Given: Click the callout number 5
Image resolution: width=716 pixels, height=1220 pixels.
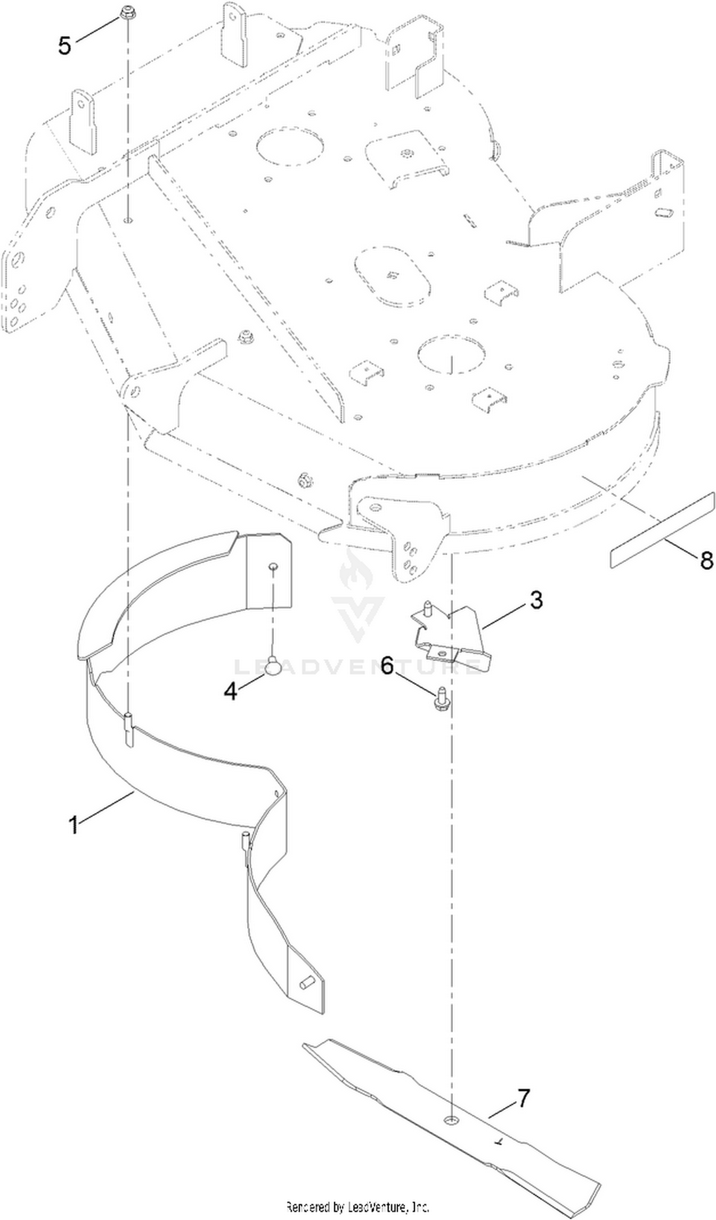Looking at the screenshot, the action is pyautogui.click(x=64, y=46).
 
